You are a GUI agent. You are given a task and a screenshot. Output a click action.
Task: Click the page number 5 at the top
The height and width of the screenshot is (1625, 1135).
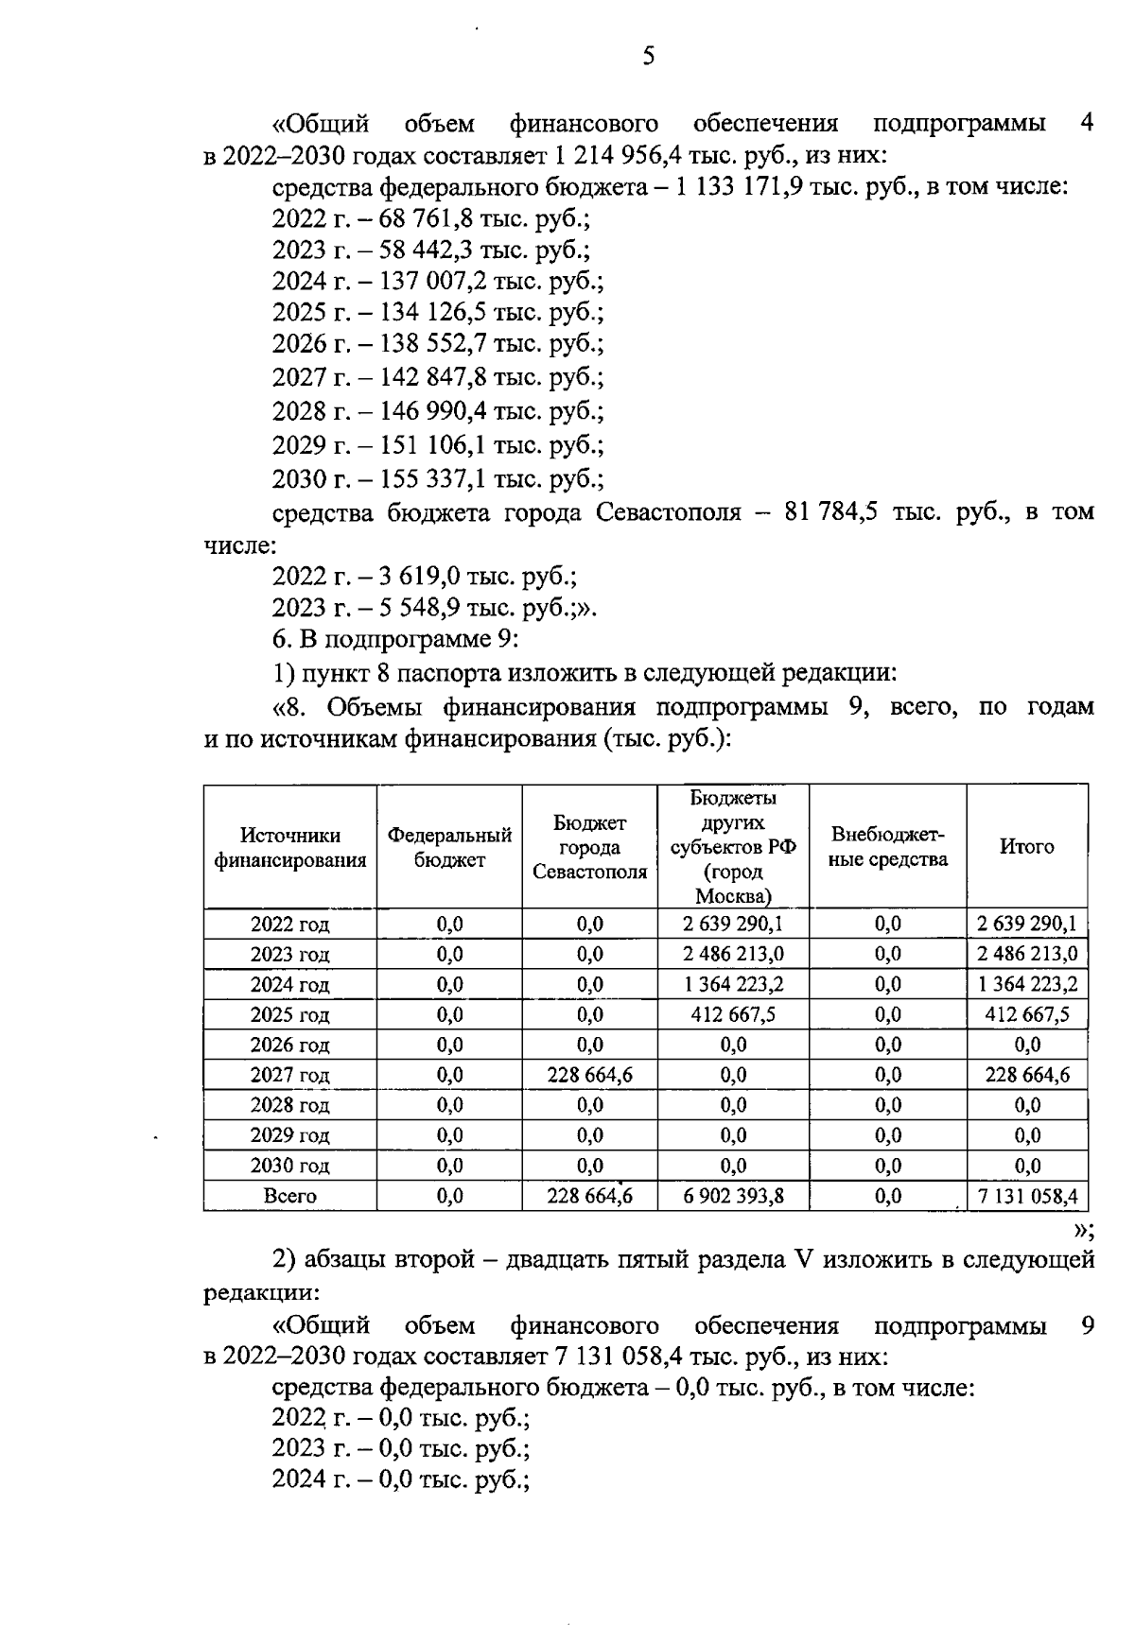(x=648, y=57)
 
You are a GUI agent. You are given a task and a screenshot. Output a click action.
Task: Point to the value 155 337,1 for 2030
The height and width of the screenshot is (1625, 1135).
(x=434, y=478)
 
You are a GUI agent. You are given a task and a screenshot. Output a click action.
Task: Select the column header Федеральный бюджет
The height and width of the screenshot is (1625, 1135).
(x=449, y=847)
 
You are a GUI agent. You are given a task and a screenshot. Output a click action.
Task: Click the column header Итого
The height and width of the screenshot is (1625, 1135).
(x=1026, y=847)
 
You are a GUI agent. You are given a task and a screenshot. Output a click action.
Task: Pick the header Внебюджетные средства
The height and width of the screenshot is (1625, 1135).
(x=888, y=847)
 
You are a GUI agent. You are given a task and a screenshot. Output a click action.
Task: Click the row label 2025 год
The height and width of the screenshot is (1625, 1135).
(x=289, y=1015)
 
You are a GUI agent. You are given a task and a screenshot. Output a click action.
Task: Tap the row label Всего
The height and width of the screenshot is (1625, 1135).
(x=289, y=1197)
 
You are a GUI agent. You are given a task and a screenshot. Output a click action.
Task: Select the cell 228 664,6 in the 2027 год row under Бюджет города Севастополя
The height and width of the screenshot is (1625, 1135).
(x=589, y=1076)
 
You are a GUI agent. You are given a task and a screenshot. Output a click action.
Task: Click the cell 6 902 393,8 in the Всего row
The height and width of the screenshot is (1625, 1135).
(x=733, y=1197)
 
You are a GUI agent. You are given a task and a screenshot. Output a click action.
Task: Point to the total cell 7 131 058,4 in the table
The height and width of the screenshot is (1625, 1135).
(x=1027, y=1197)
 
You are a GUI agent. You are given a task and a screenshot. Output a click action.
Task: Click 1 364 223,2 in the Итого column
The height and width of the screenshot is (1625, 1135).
(x=1027, y=985)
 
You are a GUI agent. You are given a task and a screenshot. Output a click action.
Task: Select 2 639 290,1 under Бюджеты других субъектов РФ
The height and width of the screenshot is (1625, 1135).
(x=733, y=925)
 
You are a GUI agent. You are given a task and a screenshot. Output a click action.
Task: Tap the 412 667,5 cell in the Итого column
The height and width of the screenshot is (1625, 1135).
(x=1027, y=1015)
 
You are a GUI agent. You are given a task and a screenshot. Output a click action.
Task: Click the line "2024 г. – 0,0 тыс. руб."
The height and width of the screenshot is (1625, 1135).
(x=400, y=1479)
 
